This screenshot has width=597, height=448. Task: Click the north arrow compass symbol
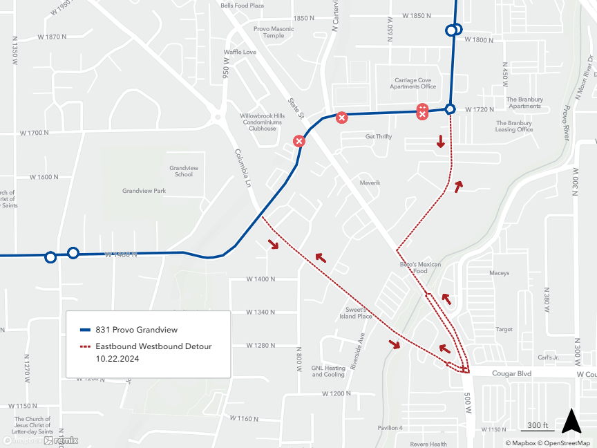pos(570,420)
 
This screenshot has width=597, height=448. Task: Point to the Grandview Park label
pos(144,191)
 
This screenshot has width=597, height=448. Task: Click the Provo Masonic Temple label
pos(274,32)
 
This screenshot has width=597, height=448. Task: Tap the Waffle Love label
pos(240,52)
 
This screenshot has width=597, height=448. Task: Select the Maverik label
pos(370,183)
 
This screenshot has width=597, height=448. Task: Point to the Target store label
pos(504,330)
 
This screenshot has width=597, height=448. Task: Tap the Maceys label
pos(499,273)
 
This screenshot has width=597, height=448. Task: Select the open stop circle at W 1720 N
pos(450,109)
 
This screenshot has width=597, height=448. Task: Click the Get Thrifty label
pos(379,137)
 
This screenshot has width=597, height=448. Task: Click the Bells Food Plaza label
pos(243,6)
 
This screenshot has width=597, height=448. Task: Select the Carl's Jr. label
pos(548,357)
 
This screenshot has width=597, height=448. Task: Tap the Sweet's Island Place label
pos(356,313)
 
